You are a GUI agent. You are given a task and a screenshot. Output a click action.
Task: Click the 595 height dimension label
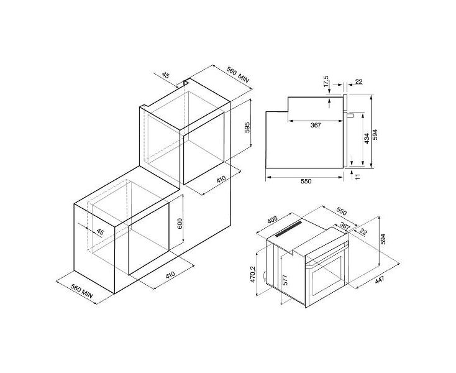click(247, 127)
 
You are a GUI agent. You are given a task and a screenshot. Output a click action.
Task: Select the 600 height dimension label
click(180, 223)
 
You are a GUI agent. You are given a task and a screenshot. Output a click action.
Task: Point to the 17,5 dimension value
click(326, 81)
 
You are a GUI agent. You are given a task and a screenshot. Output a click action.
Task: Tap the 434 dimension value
click(367, 138)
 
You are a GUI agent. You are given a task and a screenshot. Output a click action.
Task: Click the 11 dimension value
click(357, 176)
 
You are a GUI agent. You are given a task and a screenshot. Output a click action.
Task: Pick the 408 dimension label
click(273, 219)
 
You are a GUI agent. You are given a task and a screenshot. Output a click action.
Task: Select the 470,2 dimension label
click(252, 274)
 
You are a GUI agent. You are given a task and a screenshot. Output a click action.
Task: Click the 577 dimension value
click(285, 280)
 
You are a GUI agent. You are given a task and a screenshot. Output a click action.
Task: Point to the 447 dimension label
click(380, 280)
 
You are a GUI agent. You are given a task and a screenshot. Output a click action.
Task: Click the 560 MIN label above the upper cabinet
click(238, 75)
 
